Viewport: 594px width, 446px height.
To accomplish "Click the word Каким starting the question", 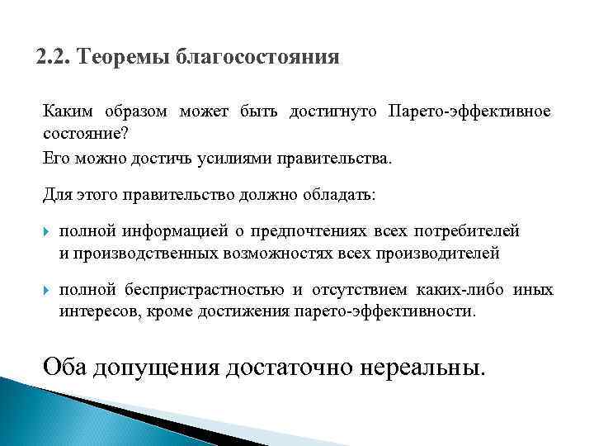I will (x=66, y=111).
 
